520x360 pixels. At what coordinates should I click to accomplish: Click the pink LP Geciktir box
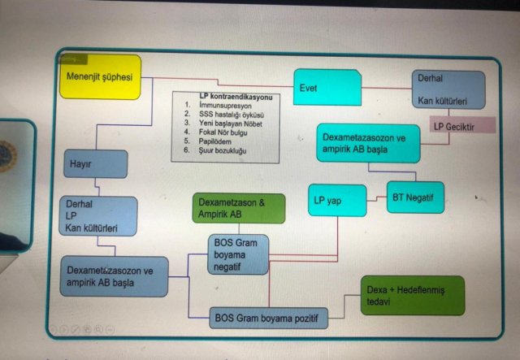pyautogui.click(x=461, y=125)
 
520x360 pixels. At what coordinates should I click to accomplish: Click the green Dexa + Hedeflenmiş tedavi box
pyautogui.click(x=413, y=295)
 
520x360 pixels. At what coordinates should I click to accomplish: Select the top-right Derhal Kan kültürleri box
pyautogui.click(x=448, y=90)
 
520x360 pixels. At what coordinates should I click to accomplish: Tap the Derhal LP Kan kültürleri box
pyautogui.click(x=97, y=215)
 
